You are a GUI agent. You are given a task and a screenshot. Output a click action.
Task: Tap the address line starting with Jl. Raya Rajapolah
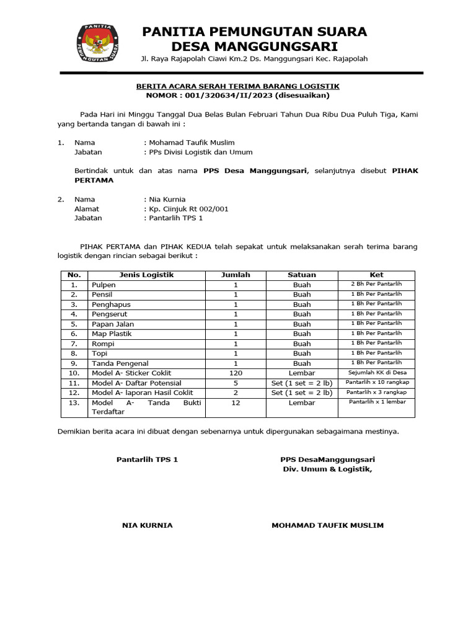tap(254, 59)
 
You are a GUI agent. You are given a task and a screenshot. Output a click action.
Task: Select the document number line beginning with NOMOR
tap(238, 95)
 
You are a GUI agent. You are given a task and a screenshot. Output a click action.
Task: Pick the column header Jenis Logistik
tap(146, 275)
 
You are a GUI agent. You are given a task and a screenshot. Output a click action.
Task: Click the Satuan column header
tap(302, 275)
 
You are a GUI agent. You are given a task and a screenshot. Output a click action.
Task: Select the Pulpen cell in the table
tap(104, 285)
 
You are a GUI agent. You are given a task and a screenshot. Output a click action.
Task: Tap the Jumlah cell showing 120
tap(236, 373)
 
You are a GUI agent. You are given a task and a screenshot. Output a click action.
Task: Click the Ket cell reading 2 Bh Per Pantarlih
tap(376, 284)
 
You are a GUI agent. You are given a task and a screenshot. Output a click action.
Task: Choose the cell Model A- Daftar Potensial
tap(132, 383)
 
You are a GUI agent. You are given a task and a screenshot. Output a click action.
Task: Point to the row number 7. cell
tap(74, 344)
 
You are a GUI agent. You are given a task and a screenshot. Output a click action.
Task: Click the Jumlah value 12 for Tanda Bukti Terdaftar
tap(236, 403)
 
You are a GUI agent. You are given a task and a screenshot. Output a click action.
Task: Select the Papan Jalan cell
tap(113, 324)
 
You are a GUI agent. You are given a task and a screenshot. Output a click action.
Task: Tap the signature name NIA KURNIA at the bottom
tap(148, 525)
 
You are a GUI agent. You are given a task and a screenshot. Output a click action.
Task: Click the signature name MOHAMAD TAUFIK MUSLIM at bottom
tap(327, 525)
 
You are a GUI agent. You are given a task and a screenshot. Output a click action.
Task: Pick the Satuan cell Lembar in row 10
tap(302, 373)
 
